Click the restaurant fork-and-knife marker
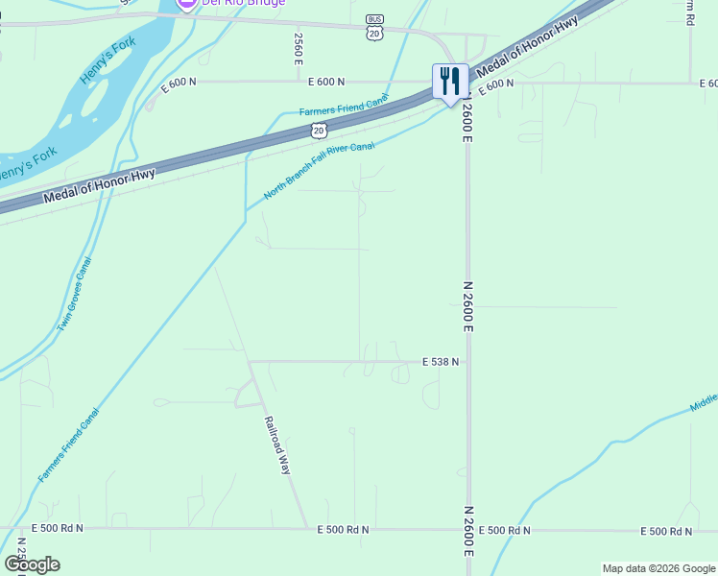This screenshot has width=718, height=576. pos(450,81)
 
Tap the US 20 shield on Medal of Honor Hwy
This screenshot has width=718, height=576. pos(320,129)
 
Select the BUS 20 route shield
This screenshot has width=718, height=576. pos(374,28)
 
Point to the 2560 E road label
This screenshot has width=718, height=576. pos(299,49)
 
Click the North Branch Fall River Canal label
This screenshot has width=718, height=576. pos(319,170)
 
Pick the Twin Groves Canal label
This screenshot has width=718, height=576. pos(74,295)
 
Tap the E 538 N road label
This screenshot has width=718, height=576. pos(441,362)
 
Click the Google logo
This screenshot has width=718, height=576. pos(32,564)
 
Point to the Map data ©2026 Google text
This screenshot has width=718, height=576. pos(658,568)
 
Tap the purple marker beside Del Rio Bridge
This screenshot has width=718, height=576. pos(187,3)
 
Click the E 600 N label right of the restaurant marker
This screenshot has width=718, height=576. pos(496,84)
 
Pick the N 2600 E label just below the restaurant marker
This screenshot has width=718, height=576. pos(467,123)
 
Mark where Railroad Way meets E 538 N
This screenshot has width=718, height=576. pos(249,362)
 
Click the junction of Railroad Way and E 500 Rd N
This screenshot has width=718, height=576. pos(308,529)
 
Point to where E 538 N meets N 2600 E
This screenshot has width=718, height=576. pos(467,362)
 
